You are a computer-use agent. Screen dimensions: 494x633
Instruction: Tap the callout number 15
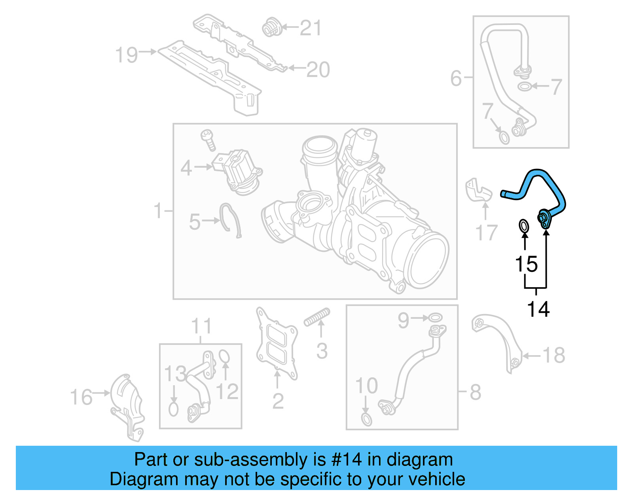pyautogui.click(x=526, y=264)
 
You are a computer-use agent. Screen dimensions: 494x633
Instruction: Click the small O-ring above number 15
pyautogui.click(x=523, y=226)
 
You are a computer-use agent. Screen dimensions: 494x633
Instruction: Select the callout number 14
pyautogui.click(x=538, y=309)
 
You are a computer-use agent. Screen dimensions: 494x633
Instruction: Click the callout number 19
pyautogui.click(x=126, y=55)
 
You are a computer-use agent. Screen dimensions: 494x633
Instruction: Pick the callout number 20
pyautogui.click(x=318, y=70)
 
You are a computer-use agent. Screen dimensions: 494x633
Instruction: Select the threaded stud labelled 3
pyautogui.click(x=317, y=317)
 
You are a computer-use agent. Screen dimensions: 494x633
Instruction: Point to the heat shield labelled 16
pyautogui.click(x=127, y=405)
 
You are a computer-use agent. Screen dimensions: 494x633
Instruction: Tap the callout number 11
pyautogui.click(x=201, y=327)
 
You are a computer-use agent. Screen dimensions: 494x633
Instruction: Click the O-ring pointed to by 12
pyautogui.click(x=224, y=356)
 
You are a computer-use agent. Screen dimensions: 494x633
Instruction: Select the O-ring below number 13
pyautogui.click(x=173, y=409)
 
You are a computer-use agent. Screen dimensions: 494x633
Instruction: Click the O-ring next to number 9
pyautogui.click(x=435, y=318)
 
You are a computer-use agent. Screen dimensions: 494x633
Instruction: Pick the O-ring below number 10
pyautogui.click(x=367, y=420)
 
